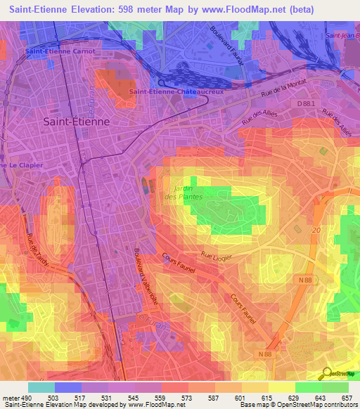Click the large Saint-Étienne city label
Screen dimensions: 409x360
(x=76, y=121)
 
